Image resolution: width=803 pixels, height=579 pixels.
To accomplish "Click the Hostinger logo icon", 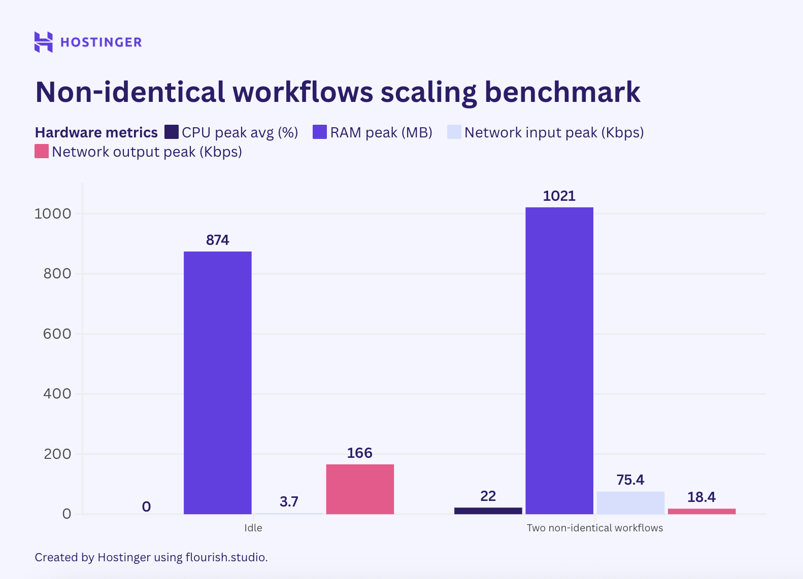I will (44, 42).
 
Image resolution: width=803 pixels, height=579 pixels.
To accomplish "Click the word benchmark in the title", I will (562, 92).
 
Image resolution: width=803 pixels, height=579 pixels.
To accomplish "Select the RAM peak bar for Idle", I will (217, 382).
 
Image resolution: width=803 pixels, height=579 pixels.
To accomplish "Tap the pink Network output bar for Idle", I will (360, 489).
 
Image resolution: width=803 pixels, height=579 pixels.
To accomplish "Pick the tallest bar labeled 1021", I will (559, 360).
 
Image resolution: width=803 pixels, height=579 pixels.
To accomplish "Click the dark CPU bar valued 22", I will (488, 511).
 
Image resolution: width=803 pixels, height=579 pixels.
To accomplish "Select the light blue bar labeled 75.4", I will (630, 502).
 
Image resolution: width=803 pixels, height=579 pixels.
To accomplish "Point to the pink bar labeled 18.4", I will (701, 511).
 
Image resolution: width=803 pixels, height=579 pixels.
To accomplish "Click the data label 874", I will (217, 240).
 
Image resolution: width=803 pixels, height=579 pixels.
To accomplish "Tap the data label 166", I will (359, 453).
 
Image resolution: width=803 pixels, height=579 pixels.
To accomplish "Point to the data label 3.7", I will (289, 501).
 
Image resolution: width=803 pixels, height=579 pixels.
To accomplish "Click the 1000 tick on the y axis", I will (53, 214).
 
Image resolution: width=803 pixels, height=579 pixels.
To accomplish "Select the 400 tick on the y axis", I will (57, 393).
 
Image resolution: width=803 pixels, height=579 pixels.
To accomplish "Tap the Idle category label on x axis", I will (253, 528).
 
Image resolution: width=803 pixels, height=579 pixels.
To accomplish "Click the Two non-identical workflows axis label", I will (594, 528).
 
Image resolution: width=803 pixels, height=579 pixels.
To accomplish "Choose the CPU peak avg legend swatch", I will (172, 132).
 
